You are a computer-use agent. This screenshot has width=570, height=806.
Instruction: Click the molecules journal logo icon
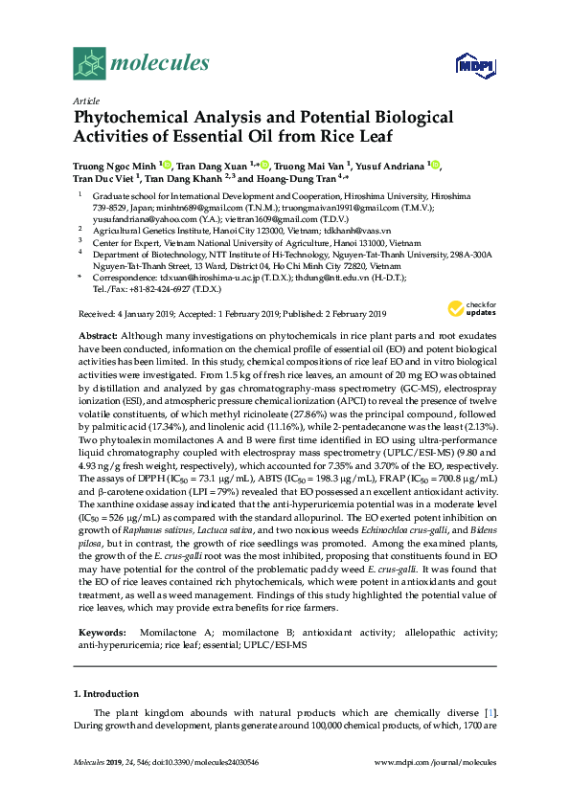coord(90,63)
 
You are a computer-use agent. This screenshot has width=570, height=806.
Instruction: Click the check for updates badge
coord(465,282)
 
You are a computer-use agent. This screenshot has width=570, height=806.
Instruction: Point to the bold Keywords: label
coord(101,633)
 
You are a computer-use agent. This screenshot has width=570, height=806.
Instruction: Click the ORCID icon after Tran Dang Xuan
coord(263,165)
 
